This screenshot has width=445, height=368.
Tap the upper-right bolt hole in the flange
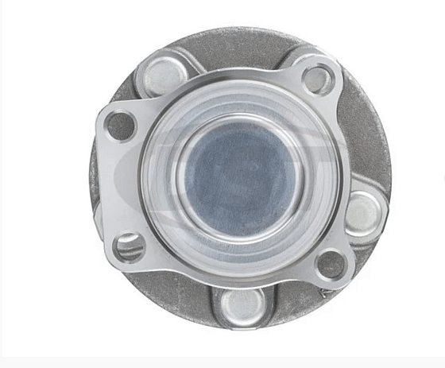317,79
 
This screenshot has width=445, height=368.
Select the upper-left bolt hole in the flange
121,125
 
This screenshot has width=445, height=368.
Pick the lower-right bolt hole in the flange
331,263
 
